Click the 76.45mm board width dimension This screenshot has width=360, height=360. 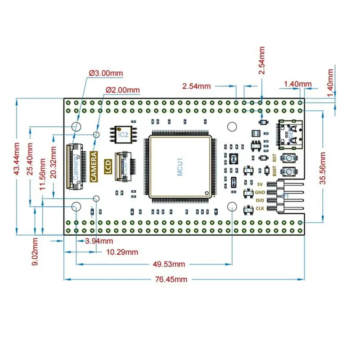pos(171,279)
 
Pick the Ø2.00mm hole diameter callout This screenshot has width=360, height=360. pos(122,90)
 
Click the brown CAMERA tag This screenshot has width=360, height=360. pos(94,166)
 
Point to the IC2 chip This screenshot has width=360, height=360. pos(123,134)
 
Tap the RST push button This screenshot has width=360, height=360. pos(287,158)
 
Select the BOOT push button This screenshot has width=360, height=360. pos(287,171)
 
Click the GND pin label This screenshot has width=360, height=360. pos(261,192)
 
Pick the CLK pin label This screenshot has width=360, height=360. pos(261,208)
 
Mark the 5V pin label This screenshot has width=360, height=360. pos(260,184)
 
